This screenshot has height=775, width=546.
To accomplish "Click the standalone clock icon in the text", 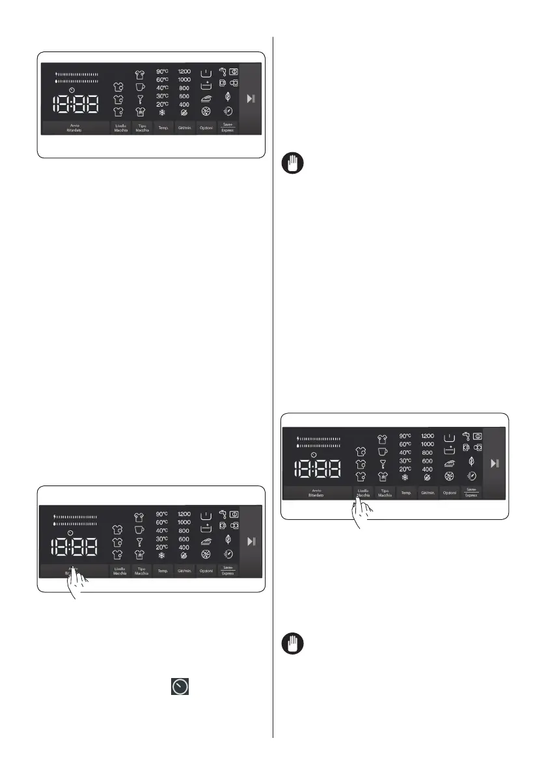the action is coord(180,687).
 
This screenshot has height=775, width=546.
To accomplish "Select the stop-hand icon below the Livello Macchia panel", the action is coord(291,646).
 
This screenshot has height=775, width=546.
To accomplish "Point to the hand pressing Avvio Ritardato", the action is coord(77,582).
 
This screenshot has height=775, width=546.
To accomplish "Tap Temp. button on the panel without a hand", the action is coord(163,128).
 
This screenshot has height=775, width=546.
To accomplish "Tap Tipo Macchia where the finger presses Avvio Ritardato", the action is coord(141,571).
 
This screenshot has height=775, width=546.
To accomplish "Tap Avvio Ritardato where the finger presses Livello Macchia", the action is coord(318,493).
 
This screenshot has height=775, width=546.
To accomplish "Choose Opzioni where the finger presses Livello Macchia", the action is coord(450,493).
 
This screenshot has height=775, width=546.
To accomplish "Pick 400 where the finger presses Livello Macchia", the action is coord(428,469).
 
